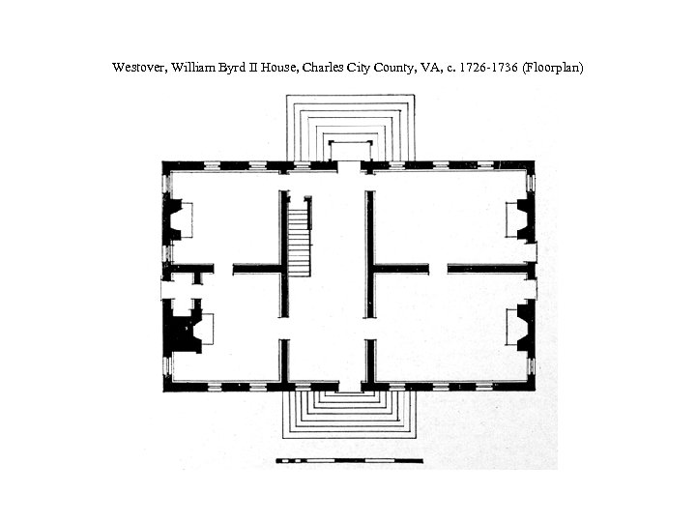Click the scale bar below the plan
click(x=349, y=460)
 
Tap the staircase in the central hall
click(x=300, y=238)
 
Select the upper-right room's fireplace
click(x=521, y=219)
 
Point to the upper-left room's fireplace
click(x=177, y=219)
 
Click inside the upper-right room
click(x=445, y=217)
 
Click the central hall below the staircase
click(x=327, y=329)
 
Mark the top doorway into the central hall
click(x=349, y=166)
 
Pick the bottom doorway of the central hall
click(x=350, y=386)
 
